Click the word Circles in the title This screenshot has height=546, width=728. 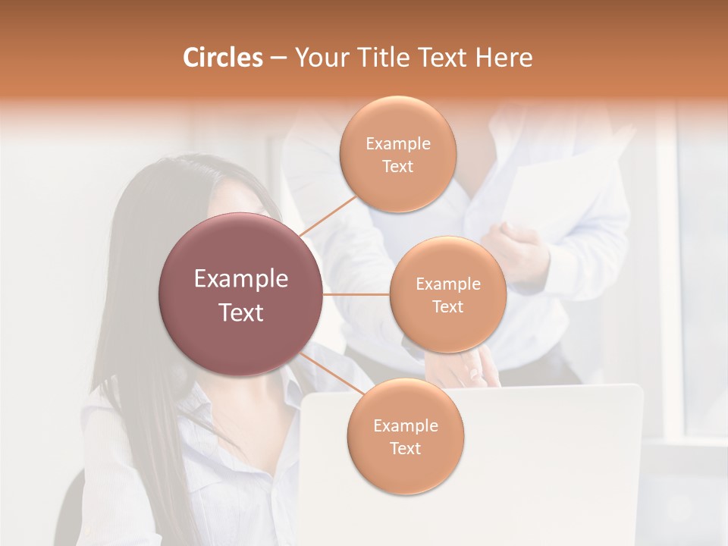coord(223,58)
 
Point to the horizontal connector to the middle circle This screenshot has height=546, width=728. coord(356,294)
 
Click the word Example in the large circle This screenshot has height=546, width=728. coord(241,279)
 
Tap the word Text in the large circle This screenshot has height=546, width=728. coord(241,312)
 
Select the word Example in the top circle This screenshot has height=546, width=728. coord(398,144)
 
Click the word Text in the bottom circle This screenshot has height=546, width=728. coord(406,448)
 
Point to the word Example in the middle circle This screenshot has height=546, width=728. coord(447,284)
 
